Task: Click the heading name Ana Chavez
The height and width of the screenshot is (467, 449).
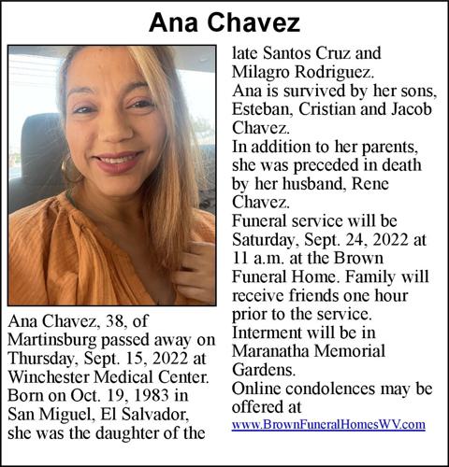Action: click(x=224, y=22)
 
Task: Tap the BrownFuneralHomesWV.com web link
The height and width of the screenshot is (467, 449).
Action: click(x=328, y=424)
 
